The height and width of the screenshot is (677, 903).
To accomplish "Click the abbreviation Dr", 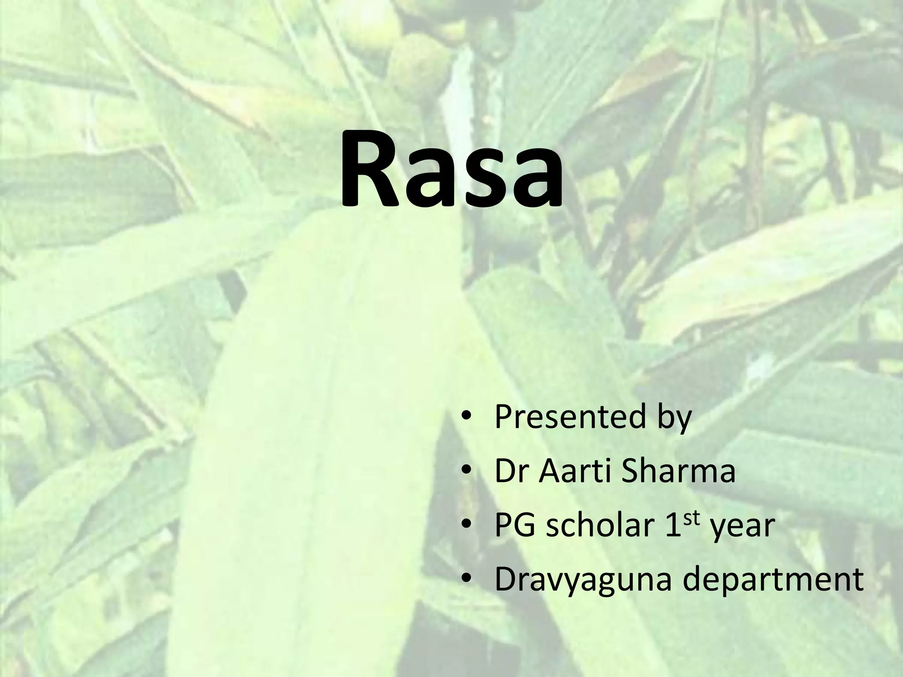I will (512, 471).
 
